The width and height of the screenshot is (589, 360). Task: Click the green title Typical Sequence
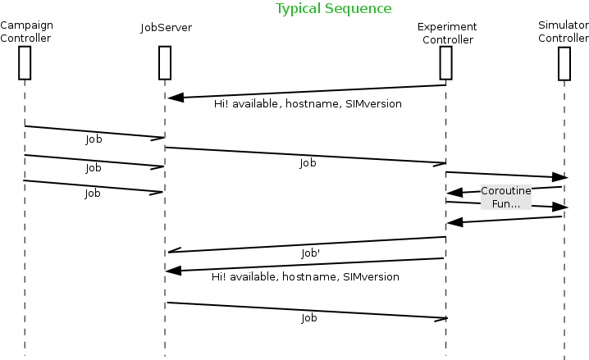coord(333,9)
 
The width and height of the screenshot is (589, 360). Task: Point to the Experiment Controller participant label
coord(447,34)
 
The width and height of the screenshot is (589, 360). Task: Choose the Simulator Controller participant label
coord(564,32)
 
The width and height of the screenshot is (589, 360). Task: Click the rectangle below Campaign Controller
coord(25,62)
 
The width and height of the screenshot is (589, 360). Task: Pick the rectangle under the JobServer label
coord(164,62)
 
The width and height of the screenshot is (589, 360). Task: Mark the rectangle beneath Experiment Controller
coord(446,62)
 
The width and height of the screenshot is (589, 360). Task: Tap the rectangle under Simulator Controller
coord(564,63)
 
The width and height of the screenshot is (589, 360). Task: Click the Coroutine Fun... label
coord(505,197)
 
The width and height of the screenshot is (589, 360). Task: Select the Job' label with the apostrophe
coord(311,254)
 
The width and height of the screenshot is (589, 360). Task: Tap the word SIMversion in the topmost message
coord(372,105)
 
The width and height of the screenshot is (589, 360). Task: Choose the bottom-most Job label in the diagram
coord(309,318)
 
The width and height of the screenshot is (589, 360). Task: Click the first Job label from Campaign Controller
coord(94,140)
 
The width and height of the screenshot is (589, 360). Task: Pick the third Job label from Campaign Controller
coord(94,194)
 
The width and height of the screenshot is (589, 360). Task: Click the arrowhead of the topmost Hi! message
coord(173,98)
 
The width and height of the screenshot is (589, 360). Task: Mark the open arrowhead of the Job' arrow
coord(172,252)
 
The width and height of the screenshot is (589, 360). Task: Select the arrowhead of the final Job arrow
coord(441,317)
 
